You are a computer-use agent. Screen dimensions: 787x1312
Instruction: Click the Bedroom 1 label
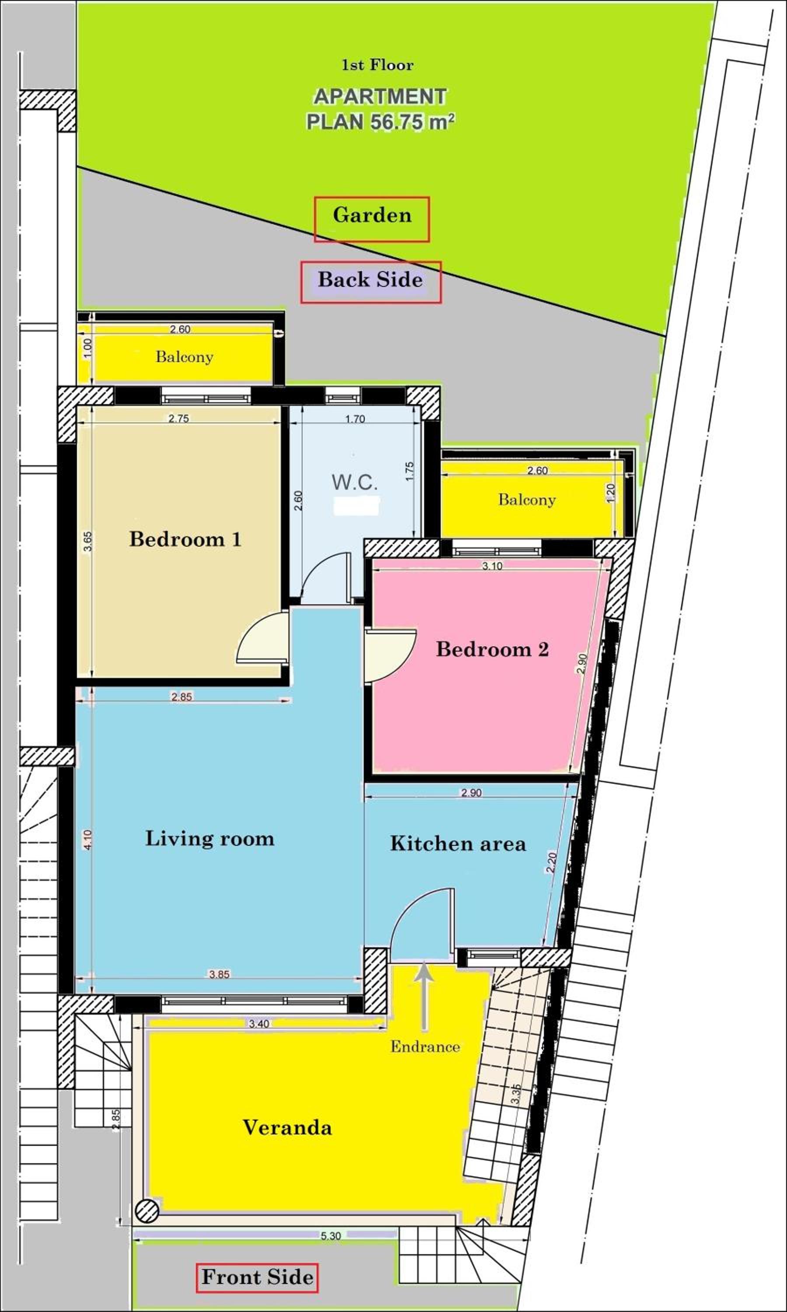click(x=185, y=539)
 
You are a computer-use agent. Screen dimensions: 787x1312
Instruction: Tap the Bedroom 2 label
click(x=492, y=649)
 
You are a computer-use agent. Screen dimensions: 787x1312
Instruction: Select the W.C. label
click(x=355, y=482)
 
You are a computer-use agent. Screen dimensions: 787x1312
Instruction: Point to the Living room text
click(x=210, y=838)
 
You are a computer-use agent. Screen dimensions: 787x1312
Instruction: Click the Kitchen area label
click(x=458, y=844)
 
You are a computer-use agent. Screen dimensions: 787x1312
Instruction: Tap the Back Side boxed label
click(x=371, y=282)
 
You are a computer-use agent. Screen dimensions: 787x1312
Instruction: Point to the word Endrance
click(x=425, y=1046)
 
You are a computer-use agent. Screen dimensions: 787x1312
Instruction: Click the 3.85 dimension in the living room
click(x=219, y=974)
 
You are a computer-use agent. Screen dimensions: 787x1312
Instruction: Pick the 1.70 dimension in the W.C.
click(x=355, y=419)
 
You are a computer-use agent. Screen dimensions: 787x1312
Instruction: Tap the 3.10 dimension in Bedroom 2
click(x=492, y=566)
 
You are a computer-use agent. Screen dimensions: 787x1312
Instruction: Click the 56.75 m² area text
click(x=412, y=122)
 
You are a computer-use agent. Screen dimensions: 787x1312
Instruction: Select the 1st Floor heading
click(x=377, y=65)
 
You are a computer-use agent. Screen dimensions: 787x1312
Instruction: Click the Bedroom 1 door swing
click(x=262, y=637)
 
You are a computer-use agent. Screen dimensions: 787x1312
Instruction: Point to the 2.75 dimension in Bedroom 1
click(x=179, y=419)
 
